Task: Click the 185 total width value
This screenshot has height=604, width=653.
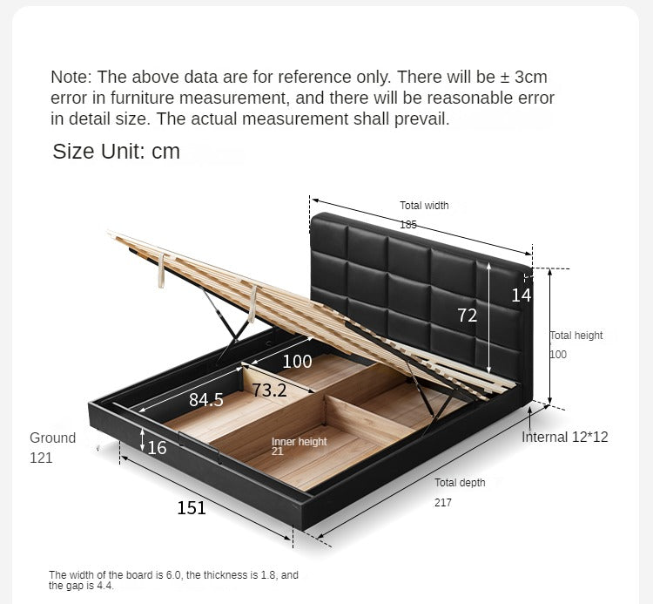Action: [408, 225]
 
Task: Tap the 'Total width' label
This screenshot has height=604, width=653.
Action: [424, 206]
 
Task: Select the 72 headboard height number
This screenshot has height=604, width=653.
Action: [468, 316]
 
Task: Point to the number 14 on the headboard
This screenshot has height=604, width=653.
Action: [521, 295]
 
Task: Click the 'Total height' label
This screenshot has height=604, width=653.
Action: [576, 336]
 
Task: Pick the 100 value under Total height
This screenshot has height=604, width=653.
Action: [558, 355]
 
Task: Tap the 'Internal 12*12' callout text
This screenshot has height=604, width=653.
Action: [565, 437]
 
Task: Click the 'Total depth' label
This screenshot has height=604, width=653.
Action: [460, 483]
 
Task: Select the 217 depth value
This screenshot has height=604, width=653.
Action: [443, 503]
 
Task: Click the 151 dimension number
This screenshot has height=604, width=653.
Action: [192, 508]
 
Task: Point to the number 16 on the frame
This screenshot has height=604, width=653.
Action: [157, 448]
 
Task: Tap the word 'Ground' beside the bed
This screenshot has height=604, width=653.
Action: [52, 438]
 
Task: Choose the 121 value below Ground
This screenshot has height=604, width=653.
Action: [41, 458]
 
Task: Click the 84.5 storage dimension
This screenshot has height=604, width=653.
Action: [206, 399]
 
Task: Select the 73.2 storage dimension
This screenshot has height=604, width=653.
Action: [269, 390]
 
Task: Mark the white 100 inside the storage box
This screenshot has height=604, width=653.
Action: [297, 361]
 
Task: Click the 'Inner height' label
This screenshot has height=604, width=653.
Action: [299, 441]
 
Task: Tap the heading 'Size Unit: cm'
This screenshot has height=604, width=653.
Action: [116, 151]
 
